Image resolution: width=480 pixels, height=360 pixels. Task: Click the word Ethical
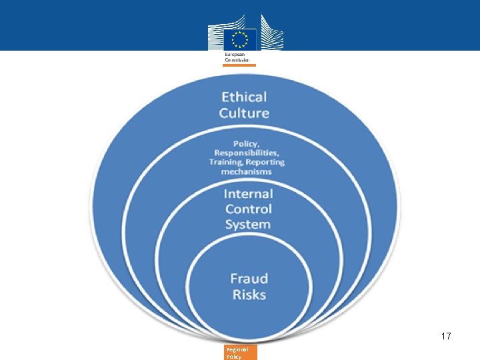pyautogui.click(x=244, y=97)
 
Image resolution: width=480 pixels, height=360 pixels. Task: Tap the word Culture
pyautogui.click(x=244, y=113)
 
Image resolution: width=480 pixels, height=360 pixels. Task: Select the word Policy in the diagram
pyautogui.click(x=245, y=143)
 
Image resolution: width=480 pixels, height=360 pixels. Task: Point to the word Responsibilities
pyautogui.click(x=246, y=153)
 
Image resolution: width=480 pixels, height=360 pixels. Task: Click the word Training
pyautogui.click(x=225, y=162)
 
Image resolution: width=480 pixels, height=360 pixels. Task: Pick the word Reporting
pyautogui.click(x=265, y=162)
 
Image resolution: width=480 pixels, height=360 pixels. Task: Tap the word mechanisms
pyautogui.click(x=246, y=171)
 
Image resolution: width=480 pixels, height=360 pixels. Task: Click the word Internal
pyautogui.click(x=248, y=194)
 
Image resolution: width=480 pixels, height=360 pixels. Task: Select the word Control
pyautogui.click(x=248, y=209)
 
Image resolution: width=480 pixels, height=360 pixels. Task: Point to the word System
pyautogui.click(x=248, y=225)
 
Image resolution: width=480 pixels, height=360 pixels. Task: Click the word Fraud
pyautogui.click(x=249, y=279)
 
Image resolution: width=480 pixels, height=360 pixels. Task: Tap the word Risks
pyautogui.click(x=249, y=295)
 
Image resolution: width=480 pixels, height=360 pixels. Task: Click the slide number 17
pyautogui.click(x=446, y=337)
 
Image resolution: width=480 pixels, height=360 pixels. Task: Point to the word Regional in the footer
pyautogui.click(x=237, y=349)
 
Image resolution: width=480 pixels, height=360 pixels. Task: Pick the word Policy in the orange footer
pyautogui.click(x=233, y=357)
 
